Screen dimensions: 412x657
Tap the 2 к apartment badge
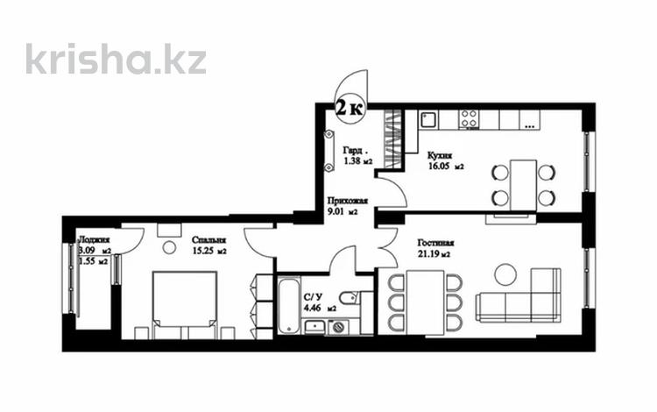coord(350,109)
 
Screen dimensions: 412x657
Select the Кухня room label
coord(440,154)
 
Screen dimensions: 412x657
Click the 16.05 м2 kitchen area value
coord(445,166)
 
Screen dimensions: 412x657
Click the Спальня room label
coord(208,239)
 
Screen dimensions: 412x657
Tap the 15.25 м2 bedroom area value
coord(208,252)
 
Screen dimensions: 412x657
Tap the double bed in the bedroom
coord(186,303)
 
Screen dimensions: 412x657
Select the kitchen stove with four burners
coord(469,118)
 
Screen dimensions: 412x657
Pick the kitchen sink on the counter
coord(428,119)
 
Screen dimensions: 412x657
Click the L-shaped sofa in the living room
coord(521,298)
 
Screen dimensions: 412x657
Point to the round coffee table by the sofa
coord(505,274)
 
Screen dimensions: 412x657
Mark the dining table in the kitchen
coord(523,184)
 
